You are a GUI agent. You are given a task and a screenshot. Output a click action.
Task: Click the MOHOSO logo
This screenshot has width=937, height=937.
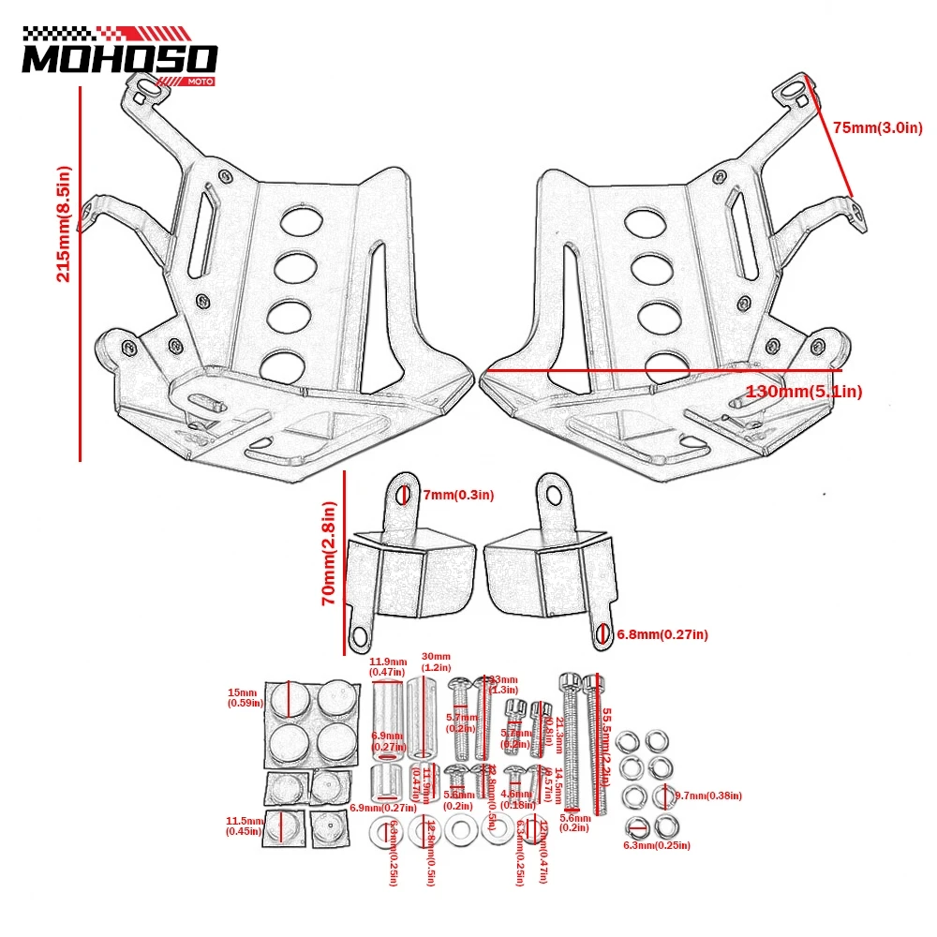click(x=119, y=58)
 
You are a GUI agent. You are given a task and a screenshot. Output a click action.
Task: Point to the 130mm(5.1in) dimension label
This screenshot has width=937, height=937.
click(x=804, y=391)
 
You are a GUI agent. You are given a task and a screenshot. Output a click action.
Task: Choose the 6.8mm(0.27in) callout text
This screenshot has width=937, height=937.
click(x=662, y=635)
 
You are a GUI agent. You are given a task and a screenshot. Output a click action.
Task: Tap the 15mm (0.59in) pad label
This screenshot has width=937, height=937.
click(x=242, y=699)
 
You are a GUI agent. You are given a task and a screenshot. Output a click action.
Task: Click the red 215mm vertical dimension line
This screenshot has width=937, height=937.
click(x=82, y=272)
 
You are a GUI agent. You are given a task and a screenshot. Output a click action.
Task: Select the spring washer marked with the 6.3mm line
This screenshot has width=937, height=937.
click(x=633, y=826)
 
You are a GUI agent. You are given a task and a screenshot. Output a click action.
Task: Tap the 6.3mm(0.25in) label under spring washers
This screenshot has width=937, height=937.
click(x=657, y=845)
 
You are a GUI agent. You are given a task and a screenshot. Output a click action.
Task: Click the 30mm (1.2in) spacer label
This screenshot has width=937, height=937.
click(x=437, y=662)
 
